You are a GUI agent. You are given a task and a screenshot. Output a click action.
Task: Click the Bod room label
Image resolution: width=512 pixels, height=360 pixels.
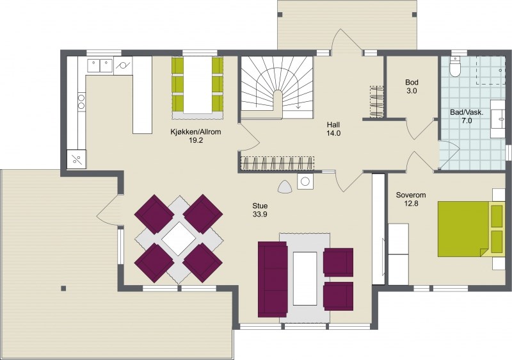coord(412,83)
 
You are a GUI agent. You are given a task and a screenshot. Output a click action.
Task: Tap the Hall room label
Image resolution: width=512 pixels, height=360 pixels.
coord(333,124)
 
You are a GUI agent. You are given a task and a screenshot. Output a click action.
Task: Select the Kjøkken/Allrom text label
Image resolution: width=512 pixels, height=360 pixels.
coord(196,132)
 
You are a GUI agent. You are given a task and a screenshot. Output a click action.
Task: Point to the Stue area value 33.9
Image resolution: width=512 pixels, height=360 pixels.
coord(260,215)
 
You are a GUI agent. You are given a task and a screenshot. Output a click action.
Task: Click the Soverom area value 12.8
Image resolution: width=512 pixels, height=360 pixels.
coord(411,204)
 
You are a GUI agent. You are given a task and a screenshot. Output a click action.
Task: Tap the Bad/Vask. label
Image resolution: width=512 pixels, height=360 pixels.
coord(467,112)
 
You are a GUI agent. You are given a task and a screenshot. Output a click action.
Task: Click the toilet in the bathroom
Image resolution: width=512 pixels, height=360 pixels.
coord(454,67)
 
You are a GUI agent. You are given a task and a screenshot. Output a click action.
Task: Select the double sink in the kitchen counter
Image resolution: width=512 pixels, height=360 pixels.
coord(100,65)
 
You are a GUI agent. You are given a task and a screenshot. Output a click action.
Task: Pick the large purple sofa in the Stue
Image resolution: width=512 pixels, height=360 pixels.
coord(273,279)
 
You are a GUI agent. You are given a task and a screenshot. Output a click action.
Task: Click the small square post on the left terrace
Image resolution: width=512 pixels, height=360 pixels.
coord(63,288)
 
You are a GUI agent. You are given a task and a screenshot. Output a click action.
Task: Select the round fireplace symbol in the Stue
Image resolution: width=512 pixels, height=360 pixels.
coord(305,181)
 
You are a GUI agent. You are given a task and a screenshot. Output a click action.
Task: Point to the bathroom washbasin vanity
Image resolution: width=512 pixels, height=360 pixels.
coord(498,119)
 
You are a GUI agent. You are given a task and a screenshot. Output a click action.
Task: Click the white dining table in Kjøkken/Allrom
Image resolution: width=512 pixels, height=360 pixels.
coord(198,85)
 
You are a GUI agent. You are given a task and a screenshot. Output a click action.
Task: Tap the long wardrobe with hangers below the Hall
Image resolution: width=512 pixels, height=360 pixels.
coord(278,163)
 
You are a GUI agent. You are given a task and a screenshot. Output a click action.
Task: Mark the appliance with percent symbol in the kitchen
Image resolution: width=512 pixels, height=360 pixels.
coord(76,160)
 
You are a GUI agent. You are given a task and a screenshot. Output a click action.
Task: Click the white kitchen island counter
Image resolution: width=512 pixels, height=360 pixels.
coord(142,95)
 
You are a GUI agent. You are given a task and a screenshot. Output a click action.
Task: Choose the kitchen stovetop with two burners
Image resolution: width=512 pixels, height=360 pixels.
coord(81,101)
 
